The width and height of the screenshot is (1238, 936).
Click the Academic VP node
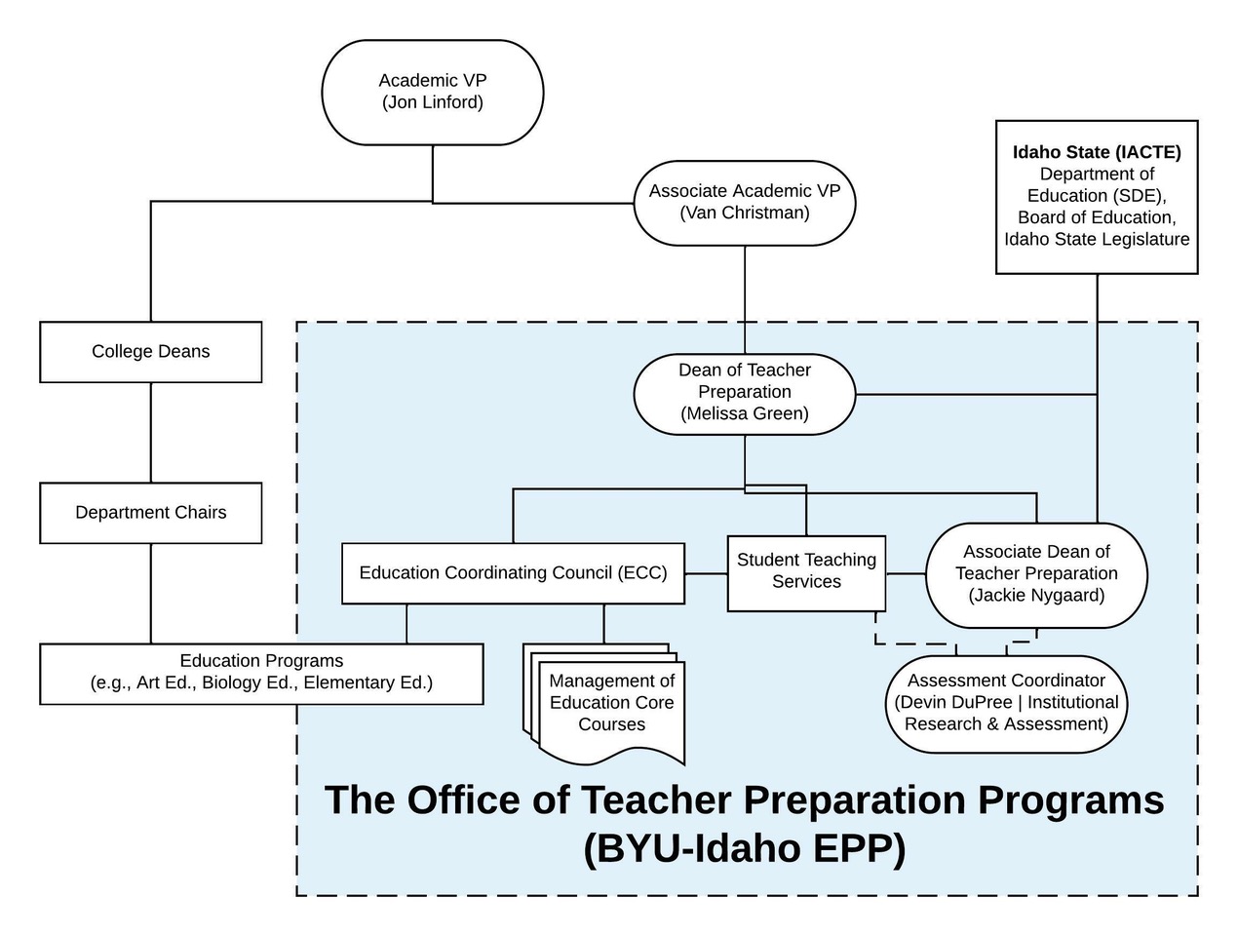coord(432,93)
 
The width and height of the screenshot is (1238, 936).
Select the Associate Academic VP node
coord(745,202)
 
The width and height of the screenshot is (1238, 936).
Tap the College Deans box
coord(150,352)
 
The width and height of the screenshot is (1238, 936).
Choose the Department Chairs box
coord(150,513)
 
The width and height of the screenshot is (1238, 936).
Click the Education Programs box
coord(261,673)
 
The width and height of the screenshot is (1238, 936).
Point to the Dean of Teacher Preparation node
coord(745,392)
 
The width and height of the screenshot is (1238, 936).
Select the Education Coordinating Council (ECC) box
coord(513,573)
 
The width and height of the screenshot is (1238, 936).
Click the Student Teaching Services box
coord(806,572)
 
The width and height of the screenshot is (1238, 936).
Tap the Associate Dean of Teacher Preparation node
coord(1036,574)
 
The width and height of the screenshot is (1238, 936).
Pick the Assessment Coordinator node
coord(1006,702)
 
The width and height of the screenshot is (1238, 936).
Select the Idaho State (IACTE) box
coord(1097,197)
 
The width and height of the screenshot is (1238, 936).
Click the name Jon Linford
coord(432,102)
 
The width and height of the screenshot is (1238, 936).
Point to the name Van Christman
coord(745,213)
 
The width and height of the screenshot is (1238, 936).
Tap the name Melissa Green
coord(745,413)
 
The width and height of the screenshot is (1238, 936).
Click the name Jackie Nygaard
coord(1036,596)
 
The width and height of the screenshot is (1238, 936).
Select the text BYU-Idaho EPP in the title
coord(745,848)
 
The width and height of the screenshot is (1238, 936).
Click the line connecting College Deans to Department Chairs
coord(150,432)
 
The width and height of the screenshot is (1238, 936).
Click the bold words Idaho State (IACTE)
coord(1097,152)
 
